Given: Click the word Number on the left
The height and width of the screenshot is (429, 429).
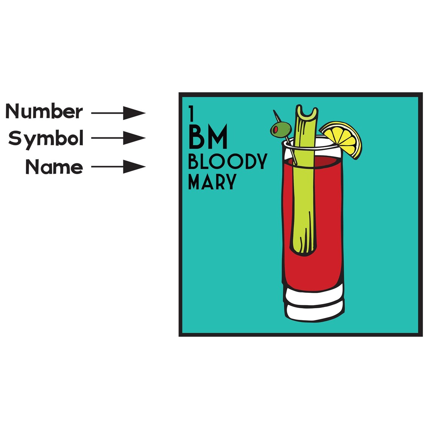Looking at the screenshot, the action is (x=44, y=111).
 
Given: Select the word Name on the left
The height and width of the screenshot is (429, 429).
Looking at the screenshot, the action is (x=54, y=167).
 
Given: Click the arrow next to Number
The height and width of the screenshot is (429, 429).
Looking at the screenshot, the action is (x=118, y=113).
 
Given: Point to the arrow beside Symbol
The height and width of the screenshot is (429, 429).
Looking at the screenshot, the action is (x=118, y=138).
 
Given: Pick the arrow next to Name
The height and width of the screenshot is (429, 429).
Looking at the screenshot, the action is (x=118, y=167).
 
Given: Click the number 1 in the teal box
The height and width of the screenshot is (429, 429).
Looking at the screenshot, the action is (x=191, y=114).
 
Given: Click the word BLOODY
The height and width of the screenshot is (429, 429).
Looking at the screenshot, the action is (x=228, y=161).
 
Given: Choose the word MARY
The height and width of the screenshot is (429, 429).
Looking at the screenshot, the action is (x=212, y=181).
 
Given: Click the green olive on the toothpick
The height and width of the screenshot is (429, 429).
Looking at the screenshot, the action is (x=281, y=129).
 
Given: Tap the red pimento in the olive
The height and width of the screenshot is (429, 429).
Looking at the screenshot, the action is (x=276, y=129).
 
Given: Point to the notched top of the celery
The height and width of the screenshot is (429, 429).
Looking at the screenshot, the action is (x=307, y=113).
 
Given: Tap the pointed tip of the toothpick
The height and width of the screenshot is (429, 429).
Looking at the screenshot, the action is (x=274, y=111).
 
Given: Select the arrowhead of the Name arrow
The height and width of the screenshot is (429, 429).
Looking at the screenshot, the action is (x=134, y=167).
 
